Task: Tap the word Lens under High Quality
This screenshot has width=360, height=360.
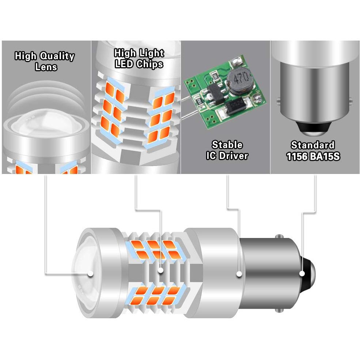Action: click(x=46, y=67)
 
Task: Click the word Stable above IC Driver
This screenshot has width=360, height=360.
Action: click(x=227, y=145)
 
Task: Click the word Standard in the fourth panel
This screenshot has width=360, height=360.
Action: click(x=312, y=145)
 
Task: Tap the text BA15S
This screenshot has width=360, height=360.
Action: click(x=324, y=156)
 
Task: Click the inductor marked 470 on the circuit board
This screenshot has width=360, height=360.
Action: click(x=239, y=77)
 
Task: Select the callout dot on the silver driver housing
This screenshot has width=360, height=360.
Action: click(x=239, y=273)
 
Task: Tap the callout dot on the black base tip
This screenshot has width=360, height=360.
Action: click(x=302, y=273)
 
